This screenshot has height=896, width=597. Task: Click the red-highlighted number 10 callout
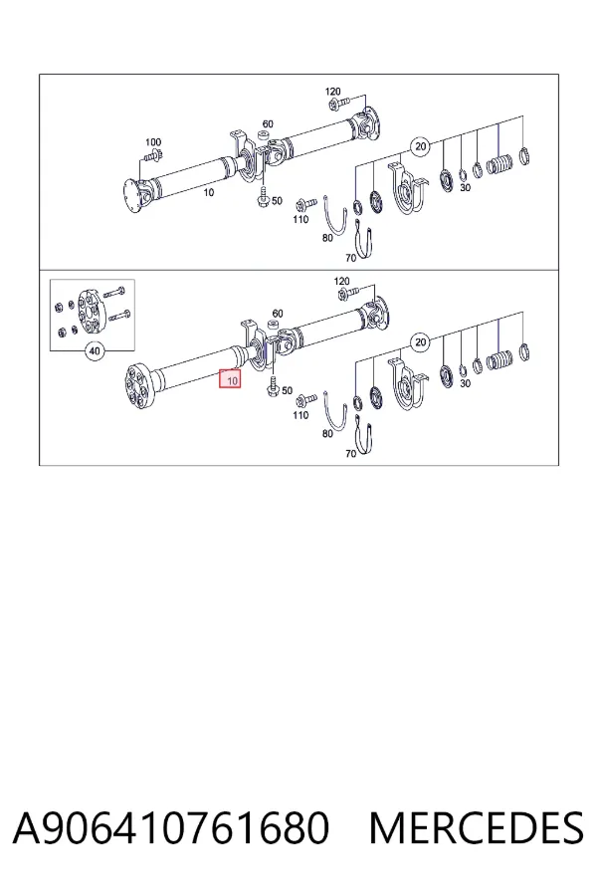[x=231, y=379]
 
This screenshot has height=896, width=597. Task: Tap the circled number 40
[x=95, y=350]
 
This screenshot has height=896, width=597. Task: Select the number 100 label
[x=153, y=141]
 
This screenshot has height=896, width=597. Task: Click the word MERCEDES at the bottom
[x=476, y=827]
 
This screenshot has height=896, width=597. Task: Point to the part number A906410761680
[x=171, y=827]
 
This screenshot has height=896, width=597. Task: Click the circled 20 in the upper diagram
[x=421, y=146]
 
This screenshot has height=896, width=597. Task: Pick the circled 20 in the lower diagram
[x=421, y=342]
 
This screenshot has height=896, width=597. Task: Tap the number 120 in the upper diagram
[x=332, y=92]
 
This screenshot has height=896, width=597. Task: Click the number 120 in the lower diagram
[x=341, y=281]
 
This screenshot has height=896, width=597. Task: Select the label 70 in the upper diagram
[x=350, y=258]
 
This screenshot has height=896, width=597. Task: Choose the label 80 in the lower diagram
[x=326, y=434]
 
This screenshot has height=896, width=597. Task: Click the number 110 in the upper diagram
[x=300, y=219]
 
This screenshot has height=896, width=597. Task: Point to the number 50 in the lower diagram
[x=287, y=391]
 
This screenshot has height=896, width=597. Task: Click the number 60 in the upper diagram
[x=268, y=124]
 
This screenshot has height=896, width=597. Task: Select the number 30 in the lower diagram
[x=465, y=383]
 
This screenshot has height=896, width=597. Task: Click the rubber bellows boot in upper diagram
[x=499, y=163]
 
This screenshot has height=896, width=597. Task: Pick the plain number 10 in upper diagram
[x=209, y=192]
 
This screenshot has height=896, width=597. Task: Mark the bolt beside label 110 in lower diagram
[x=306, y=398]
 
